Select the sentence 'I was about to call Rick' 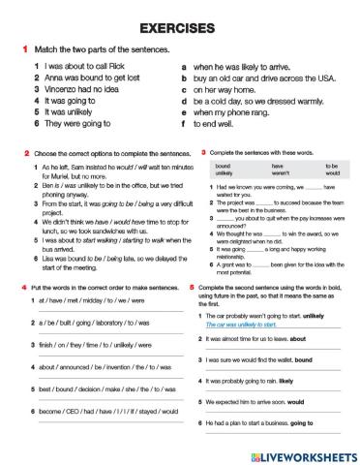(x=75, y=66)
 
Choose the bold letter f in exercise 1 (x=184, y=124)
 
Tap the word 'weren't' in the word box (x=275, y=172)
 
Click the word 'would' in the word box (x=332, y=172)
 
